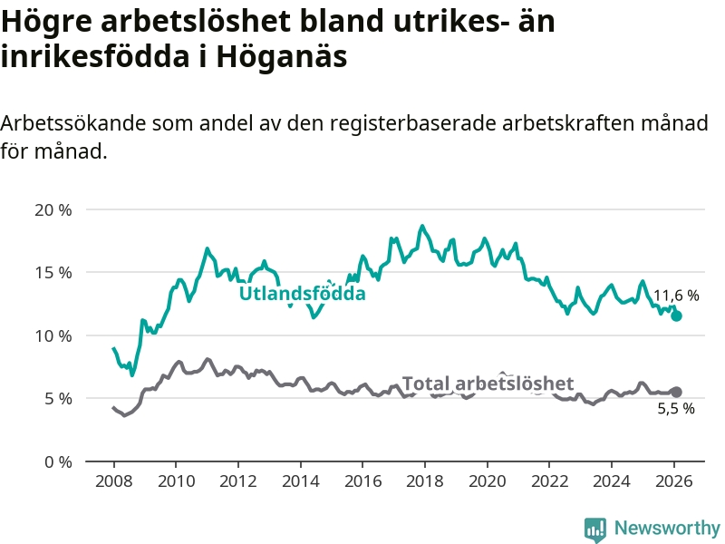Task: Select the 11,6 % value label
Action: pos(676,296)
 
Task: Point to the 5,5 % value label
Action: pos(676,408)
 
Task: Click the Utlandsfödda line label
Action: pos(302,294)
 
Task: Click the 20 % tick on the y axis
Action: pos(53,209)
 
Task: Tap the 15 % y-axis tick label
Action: pos(53,273)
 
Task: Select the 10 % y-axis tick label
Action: pos(53,335)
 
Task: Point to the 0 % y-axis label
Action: pos(57,461)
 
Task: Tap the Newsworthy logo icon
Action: pos(595,529)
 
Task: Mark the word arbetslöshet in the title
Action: pos(181,20)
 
